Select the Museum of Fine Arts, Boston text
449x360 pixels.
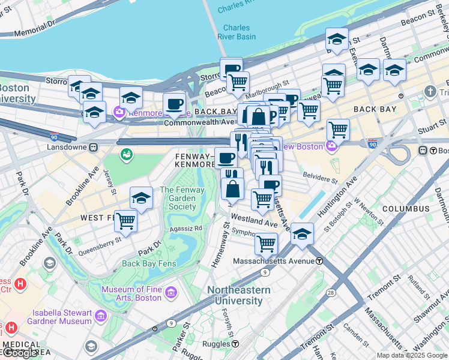pos(131,294)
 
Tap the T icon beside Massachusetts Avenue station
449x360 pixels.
pos(320,261)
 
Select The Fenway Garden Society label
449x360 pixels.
pos(182,199)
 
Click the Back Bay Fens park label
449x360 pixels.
pos(148,263)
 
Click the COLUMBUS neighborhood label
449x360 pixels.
pos(406,209)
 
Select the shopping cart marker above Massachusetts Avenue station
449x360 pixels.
pos(265,243)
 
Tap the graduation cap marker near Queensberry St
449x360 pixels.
pos(141,197)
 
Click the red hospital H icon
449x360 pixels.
pos(20,283)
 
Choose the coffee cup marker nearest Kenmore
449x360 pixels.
pos(174,104)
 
